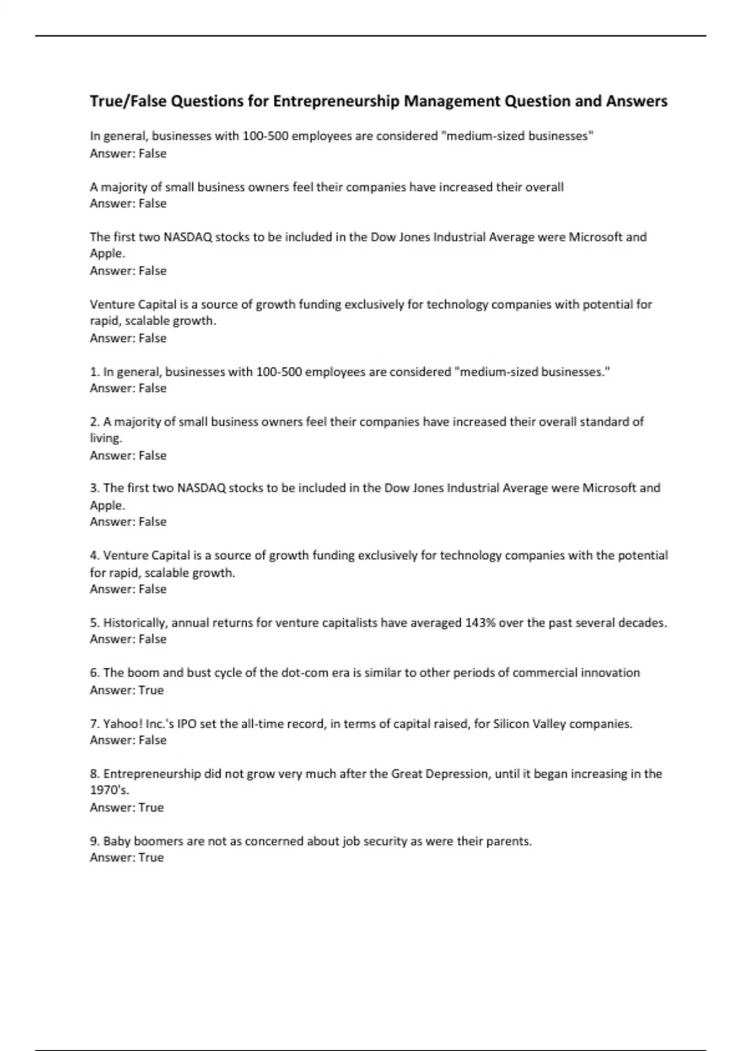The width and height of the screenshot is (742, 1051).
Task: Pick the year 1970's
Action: click(109, 790)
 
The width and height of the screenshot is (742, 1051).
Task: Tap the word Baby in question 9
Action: click(117, 841)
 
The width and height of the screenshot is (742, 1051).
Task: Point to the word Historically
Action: click(135, 623)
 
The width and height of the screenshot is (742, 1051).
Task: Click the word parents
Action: click(513, 841)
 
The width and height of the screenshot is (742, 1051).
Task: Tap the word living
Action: click(106, 438)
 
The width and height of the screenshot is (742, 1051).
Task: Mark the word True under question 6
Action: click(151, 691)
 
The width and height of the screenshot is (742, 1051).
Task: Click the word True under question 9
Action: click(151, 858)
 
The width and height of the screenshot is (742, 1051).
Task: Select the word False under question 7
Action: click(152, 741)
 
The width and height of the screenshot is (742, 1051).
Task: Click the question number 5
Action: click(95, 623)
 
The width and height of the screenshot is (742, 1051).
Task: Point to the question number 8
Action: click(95, 774)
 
